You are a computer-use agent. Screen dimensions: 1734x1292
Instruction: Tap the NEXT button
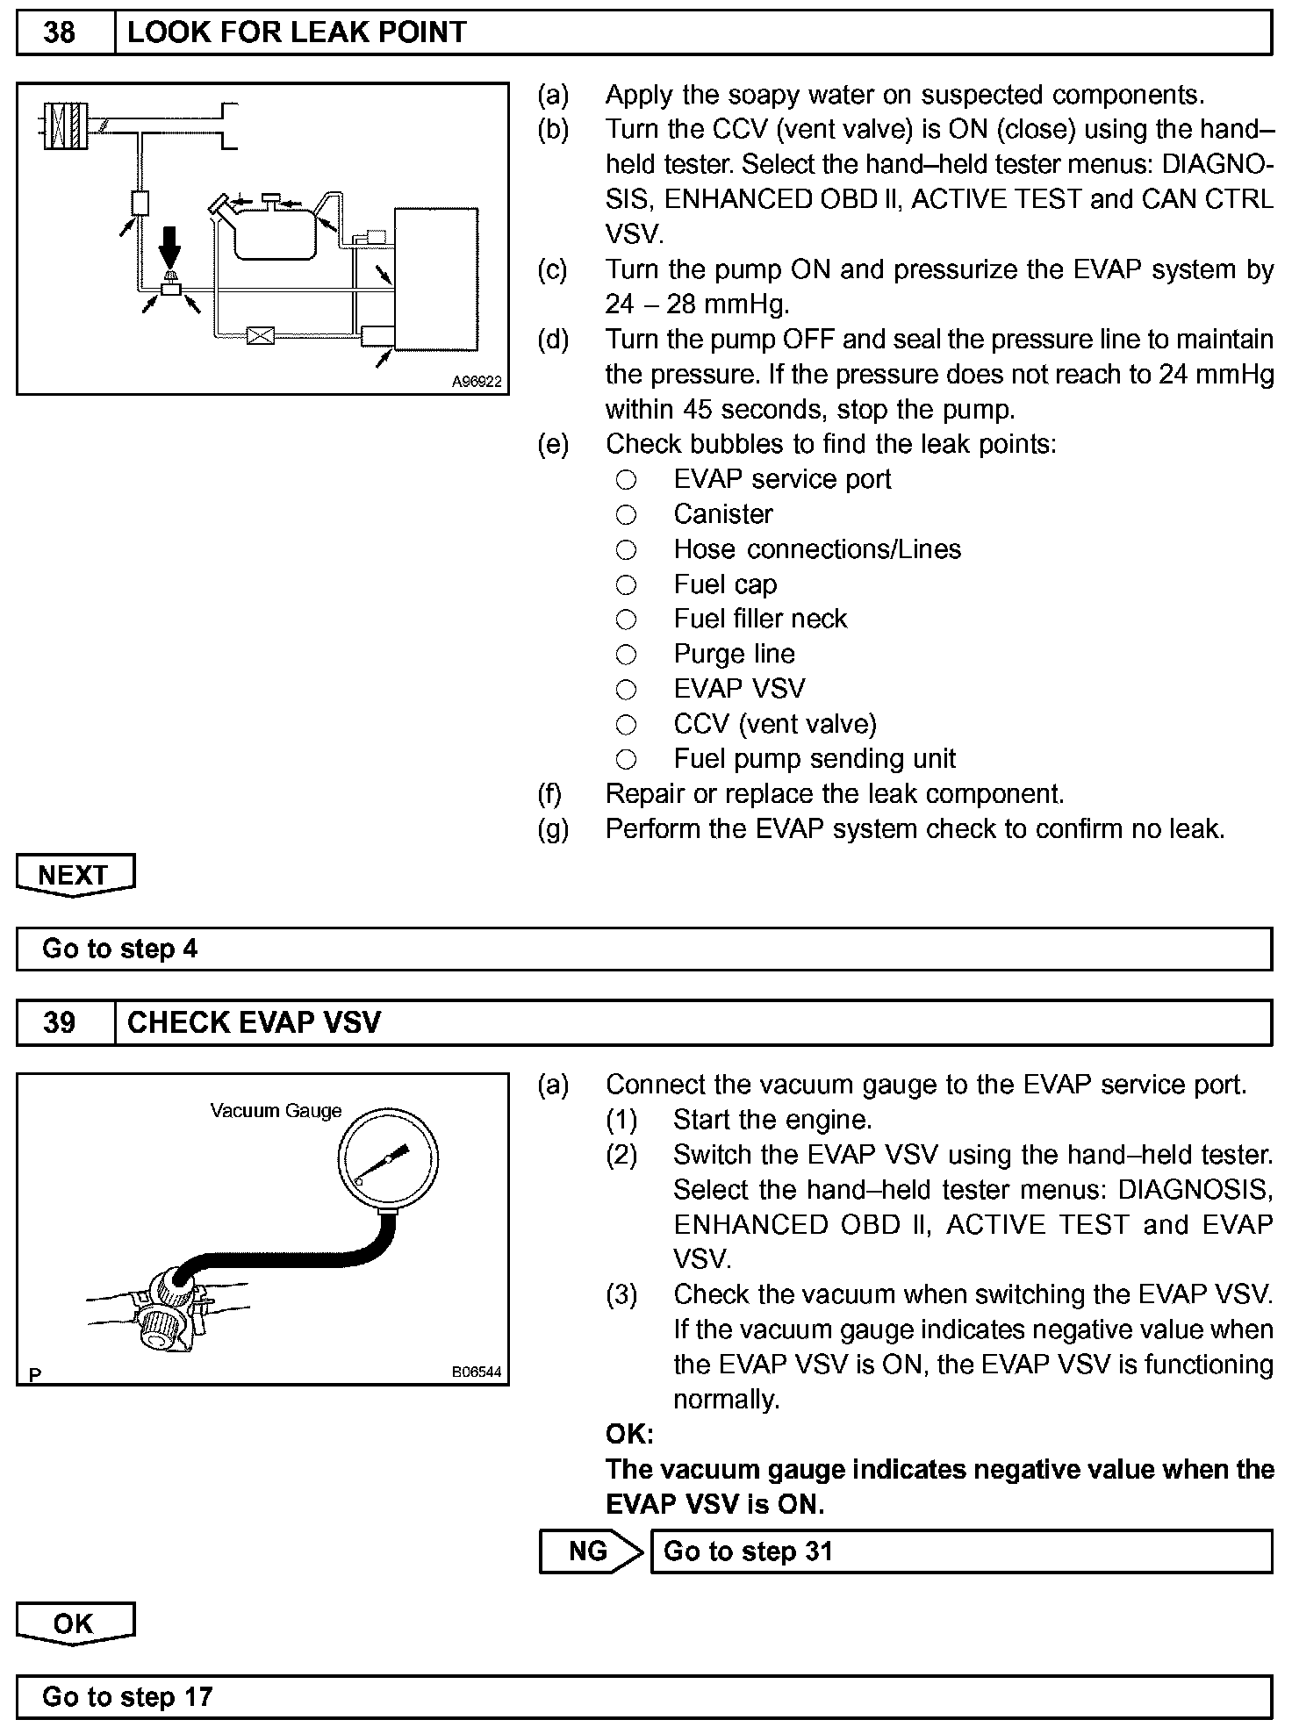coord(75,874)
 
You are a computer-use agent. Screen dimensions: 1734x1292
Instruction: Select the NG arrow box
coord(589,1551)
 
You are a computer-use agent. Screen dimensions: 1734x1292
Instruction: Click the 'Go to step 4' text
coord(120,949)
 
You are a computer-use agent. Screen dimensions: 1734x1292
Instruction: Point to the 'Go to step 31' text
coord(748,1551)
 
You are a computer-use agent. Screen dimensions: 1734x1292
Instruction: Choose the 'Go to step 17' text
coord(127,1696)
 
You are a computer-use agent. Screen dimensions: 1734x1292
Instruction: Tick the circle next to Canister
coord(626,514)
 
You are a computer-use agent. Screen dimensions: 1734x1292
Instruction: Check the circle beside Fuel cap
coord(626,584)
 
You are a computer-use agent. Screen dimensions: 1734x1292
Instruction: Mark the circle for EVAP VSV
coord(626,690)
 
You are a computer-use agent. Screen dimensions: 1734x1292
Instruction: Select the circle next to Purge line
coord(626,655)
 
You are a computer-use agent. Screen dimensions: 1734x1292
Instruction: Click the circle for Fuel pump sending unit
coord(626,759)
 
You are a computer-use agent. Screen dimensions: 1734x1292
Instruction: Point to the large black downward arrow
coord(170,246)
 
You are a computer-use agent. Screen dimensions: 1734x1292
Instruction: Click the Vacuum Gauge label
coord(276,1111)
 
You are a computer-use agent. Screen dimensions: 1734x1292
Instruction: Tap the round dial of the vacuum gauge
coord(388,1159)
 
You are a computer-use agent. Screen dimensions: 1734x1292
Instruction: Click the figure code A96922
coord(477,382)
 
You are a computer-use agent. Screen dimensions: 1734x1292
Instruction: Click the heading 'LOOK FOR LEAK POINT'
coord(297,33)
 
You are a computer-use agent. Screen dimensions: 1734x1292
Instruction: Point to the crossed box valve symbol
coord(260,334)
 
